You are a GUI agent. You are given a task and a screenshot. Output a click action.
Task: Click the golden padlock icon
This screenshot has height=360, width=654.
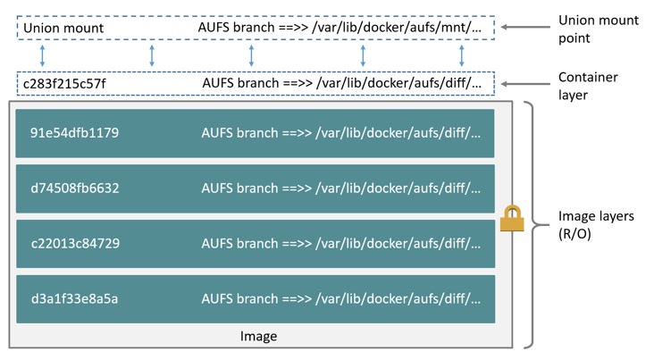[x=512, y=219]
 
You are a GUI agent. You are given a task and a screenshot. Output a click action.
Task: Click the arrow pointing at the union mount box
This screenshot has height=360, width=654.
[x=524, y=28]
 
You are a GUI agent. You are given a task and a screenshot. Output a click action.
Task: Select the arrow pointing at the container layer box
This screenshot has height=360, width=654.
[x=524, y=84]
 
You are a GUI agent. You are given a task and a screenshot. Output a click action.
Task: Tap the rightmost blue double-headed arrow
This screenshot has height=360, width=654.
[x=461, y=55]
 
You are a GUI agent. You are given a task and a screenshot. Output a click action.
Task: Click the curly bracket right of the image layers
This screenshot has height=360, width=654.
[x=532, y=223]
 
